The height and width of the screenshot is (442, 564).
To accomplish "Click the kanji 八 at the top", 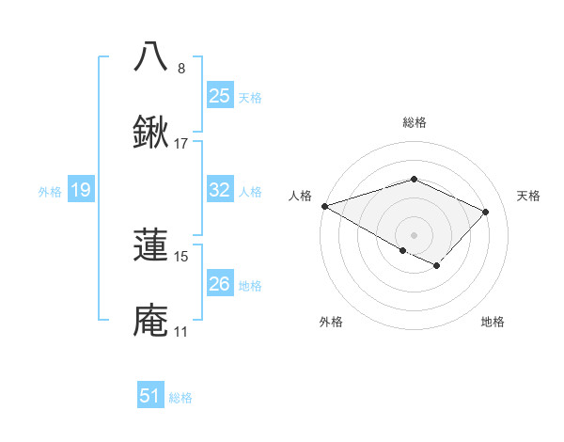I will [x=151, y=56].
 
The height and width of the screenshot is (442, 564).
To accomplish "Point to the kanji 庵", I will [x=151, y=320].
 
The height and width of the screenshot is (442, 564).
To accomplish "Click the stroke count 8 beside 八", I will [x=181, y=68].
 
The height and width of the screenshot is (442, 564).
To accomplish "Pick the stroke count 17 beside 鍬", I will [x=181, y=144].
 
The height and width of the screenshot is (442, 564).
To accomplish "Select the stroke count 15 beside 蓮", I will [x=181, y=255].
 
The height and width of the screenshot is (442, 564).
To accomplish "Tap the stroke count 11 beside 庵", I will [x=181, y=331].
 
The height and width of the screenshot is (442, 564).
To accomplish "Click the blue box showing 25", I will [x=219, y=95].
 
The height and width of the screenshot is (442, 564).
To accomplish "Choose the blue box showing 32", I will [x=219, y=189].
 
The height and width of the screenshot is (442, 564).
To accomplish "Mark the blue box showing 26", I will [x=219, y=283].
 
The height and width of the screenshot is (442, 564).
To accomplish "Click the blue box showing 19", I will [x=80, y=190].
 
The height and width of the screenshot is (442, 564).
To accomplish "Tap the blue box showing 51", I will [x=149, y=396].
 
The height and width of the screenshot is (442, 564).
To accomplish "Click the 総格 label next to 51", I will [x=180, y=398].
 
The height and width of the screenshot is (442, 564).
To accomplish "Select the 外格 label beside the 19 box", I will [x=50, y=192].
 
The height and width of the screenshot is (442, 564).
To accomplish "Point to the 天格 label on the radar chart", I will [x=528, y=196].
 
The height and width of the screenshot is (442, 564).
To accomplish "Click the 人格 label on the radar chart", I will [x=300, y=196].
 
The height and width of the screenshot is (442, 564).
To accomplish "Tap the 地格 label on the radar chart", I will [x=493, y=322].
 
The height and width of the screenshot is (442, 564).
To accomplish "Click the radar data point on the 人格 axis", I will [x=324, y=206].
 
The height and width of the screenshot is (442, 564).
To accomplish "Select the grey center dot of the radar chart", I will [x=414, y=234].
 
